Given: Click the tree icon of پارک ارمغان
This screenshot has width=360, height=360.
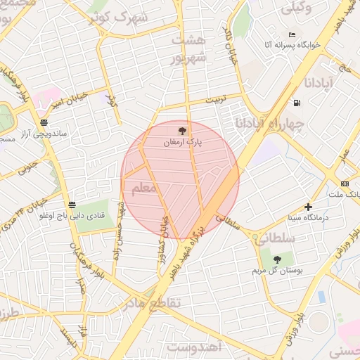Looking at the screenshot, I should coord(183,130).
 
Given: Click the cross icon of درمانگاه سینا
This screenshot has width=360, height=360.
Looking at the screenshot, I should coord(308,207).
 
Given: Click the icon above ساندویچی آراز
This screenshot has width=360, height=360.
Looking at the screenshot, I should coord(44,122).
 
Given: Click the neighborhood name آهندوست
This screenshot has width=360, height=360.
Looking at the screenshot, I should coord(195,346).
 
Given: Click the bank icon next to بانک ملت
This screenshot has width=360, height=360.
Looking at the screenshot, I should coord(344,184).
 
